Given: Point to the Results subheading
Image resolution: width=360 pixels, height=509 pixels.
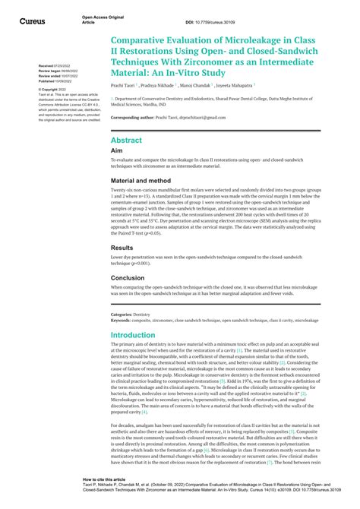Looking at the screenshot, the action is (x=122, y=248).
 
